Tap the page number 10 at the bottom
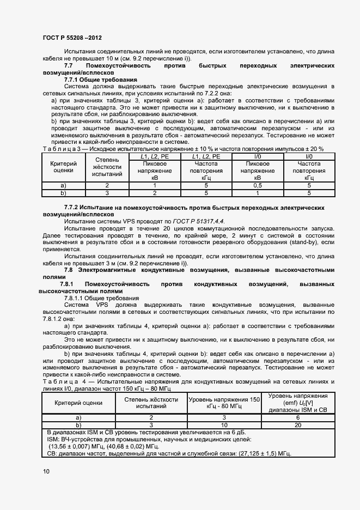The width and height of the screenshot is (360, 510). pos(46,471)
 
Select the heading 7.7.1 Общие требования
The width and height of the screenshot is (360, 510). pos(101,80)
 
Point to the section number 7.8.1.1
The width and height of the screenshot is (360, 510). pos(77,298)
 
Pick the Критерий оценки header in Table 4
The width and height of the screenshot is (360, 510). pos(78,403)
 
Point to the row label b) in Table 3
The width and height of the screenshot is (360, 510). pos(63,193)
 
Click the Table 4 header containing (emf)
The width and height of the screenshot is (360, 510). pos(297,403)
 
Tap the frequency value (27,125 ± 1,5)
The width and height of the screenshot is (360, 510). pos(255,453)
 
